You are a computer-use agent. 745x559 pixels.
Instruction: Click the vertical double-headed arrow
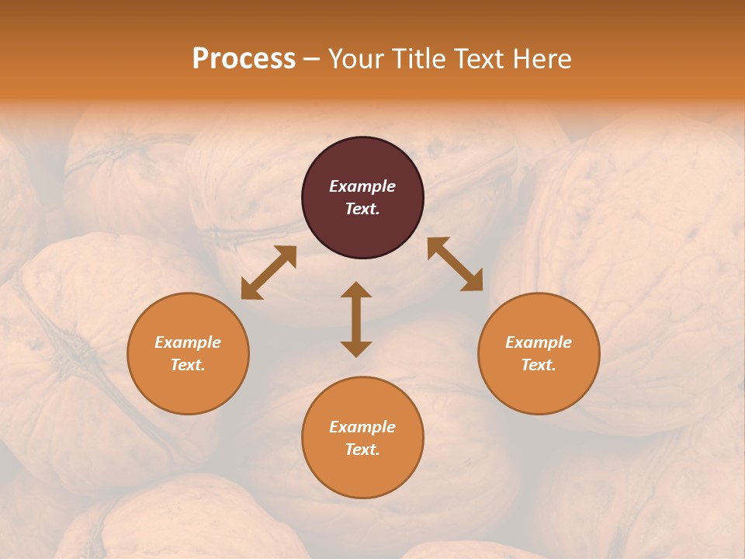tap(356, 319)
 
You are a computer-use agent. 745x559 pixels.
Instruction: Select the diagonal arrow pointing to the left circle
tap(269, 273)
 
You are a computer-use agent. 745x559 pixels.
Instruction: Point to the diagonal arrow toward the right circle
tap(455, 264)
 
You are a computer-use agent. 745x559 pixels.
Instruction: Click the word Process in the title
tap(244, 59)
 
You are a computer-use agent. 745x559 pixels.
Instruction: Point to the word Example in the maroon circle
tap(362, 186)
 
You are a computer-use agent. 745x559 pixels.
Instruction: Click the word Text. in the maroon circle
tap(362, 209)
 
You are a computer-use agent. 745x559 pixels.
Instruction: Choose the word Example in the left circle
tap(188, 342)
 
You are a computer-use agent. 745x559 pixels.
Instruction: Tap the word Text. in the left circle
tap(188, 365)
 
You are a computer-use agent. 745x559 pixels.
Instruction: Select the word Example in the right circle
tap(539, 342)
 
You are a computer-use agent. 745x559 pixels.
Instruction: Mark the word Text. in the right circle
tap(539, 365)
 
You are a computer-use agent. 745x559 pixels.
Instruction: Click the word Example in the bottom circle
tap(362, 427)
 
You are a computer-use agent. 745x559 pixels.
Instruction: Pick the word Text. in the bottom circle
tap(362, 450)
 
